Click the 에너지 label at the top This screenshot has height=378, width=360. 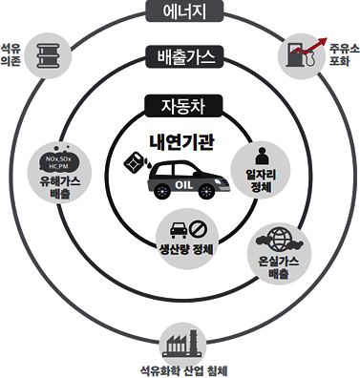click(179, 11)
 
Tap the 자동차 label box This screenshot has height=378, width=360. click(179, 104)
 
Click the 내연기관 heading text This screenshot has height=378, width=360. click(181, 142)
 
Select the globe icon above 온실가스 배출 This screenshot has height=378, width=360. click(280, 239)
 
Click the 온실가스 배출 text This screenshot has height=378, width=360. click(280, 265)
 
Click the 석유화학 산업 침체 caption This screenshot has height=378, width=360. click(179, 368)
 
